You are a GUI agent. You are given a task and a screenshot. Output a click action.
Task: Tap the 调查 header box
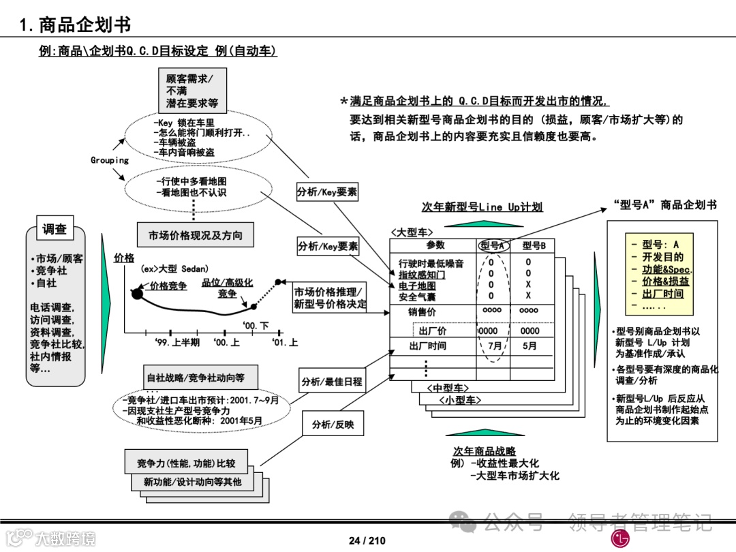tap(55, 230)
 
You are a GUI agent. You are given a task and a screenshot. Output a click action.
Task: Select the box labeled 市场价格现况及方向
tap(195, 235)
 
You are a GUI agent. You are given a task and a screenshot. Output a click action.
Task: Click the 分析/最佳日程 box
tap(332, 382)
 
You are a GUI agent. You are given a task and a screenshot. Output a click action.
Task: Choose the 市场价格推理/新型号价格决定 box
tap(330, 298)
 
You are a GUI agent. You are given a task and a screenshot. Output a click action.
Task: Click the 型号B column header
tap(530, 245)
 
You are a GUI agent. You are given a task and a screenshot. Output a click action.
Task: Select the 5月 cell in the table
tap(530, 346)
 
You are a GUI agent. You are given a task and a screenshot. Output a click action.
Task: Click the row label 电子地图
tap(417, 286)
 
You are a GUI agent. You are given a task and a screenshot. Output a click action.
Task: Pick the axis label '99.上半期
tap(177, 342)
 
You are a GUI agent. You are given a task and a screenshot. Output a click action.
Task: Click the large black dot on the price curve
tap(137, 294)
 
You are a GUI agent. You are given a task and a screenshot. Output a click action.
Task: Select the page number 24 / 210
tap(367, 540)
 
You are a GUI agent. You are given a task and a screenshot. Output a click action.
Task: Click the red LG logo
tap(619, 538)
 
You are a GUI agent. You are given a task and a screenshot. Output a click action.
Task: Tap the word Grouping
tap(110, 160)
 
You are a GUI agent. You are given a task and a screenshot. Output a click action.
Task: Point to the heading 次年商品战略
tap(485, 451)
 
